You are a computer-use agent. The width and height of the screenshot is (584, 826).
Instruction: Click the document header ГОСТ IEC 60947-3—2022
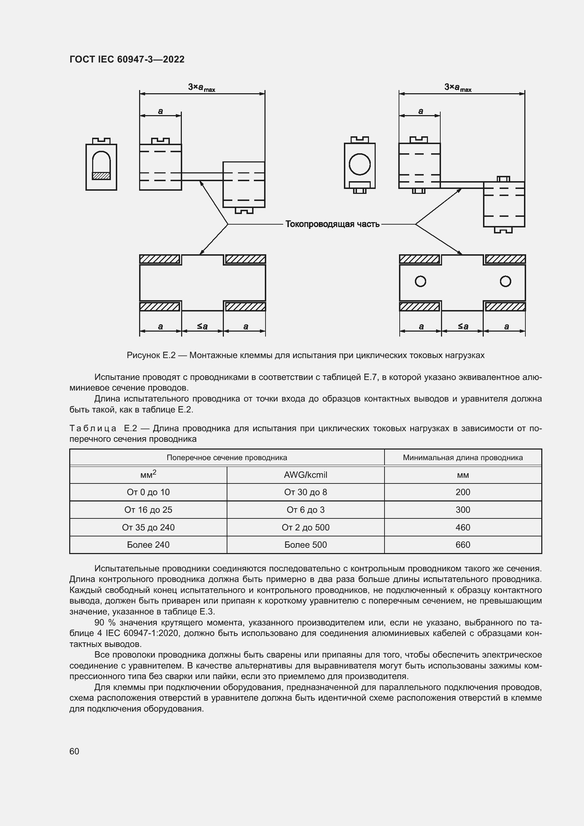[127, 59]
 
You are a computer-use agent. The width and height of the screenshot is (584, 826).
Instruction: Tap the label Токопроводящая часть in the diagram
[332, 224]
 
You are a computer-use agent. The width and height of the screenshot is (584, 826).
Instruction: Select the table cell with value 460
[463, 527]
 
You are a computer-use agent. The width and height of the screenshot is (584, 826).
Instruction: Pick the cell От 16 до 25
[148, 510]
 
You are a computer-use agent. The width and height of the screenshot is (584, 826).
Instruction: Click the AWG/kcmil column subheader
[305, 475]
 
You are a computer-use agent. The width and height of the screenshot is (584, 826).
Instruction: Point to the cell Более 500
[305, 545]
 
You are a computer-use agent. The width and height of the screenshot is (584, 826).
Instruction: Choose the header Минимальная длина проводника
[463, 458]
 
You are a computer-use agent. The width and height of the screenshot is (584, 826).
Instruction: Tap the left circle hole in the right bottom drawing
[420, 281]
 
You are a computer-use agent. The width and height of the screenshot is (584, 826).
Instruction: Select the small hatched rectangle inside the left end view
[101, 176]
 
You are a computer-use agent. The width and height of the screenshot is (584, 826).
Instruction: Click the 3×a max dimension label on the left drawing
[201, 88]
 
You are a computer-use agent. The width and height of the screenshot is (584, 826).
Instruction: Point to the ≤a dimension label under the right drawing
[463, 326]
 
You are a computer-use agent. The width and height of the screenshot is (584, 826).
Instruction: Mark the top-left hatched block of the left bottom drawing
[159, 259]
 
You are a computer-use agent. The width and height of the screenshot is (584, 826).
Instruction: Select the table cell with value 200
[463, 492]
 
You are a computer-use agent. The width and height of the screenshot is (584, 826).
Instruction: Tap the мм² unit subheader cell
[148, 475]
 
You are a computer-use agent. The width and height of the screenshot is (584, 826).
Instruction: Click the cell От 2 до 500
[305, 527]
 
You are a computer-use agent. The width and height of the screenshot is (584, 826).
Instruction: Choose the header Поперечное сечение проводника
[227, 458]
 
